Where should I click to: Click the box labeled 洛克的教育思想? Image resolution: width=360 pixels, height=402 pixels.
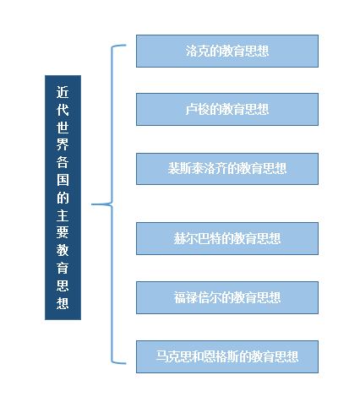tap(227, 51)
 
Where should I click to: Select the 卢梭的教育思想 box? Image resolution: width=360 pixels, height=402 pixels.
tap(227, 109)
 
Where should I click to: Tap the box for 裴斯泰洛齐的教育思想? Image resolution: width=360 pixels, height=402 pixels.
tap(227, 169)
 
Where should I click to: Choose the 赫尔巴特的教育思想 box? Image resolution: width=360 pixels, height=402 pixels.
tap(227, 238)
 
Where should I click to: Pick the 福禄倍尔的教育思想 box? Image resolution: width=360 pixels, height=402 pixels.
tap(227, 297)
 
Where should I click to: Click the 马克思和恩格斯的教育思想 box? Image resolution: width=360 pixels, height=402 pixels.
tap(227, 356)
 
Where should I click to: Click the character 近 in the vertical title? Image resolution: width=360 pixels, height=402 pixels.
tap(63, 92)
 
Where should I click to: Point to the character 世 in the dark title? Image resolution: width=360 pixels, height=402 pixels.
tap(63, 128)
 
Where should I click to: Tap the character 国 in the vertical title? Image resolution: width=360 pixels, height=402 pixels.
tap(63, 180)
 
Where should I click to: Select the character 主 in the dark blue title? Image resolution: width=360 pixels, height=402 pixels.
tap(63, 215)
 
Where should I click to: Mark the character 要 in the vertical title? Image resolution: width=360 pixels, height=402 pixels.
tap(63, 232)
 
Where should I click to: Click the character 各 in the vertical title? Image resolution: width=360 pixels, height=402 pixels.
tap(63, 162)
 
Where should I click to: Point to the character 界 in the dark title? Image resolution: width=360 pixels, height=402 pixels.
tap(63, 144)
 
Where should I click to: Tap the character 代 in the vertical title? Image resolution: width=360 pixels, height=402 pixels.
tap(63, 110)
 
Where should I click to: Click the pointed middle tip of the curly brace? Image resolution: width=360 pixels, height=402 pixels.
tap(92, 204)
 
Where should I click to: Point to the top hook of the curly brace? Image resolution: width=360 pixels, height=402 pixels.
tap(119, 46)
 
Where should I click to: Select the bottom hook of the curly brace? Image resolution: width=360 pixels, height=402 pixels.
tap(119, 362)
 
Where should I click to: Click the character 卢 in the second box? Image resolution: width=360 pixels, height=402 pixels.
tap(191, 109)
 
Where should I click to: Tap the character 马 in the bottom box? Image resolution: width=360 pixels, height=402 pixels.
tap(162, 356)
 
